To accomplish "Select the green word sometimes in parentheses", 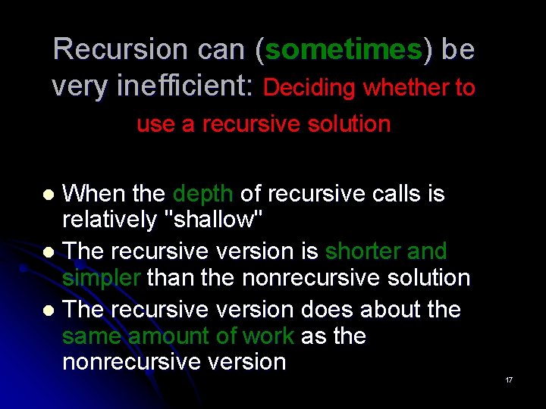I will click(x=344, y=49).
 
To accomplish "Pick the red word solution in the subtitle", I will click(x=352, y=124).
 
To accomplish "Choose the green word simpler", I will click(x=101, y=277).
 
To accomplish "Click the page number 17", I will click(x=509, y=379).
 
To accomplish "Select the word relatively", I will click(x=111, y=221).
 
